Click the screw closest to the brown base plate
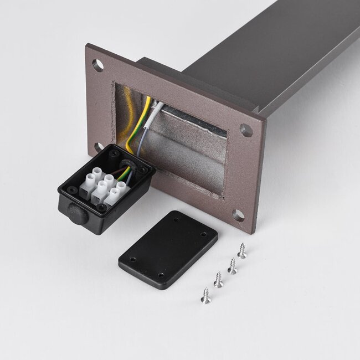(x=241, y=251)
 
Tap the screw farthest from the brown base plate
(x=205, y=295)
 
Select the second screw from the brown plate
(x=232, y=266)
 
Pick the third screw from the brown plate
(x=219, y=279)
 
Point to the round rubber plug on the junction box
(x=76, y=212)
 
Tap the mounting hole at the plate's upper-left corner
(x=99, y=65)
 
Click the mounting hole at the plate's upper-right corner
(x=246, y=131)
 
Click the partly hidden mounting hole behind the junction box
(x=97, y=147)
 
